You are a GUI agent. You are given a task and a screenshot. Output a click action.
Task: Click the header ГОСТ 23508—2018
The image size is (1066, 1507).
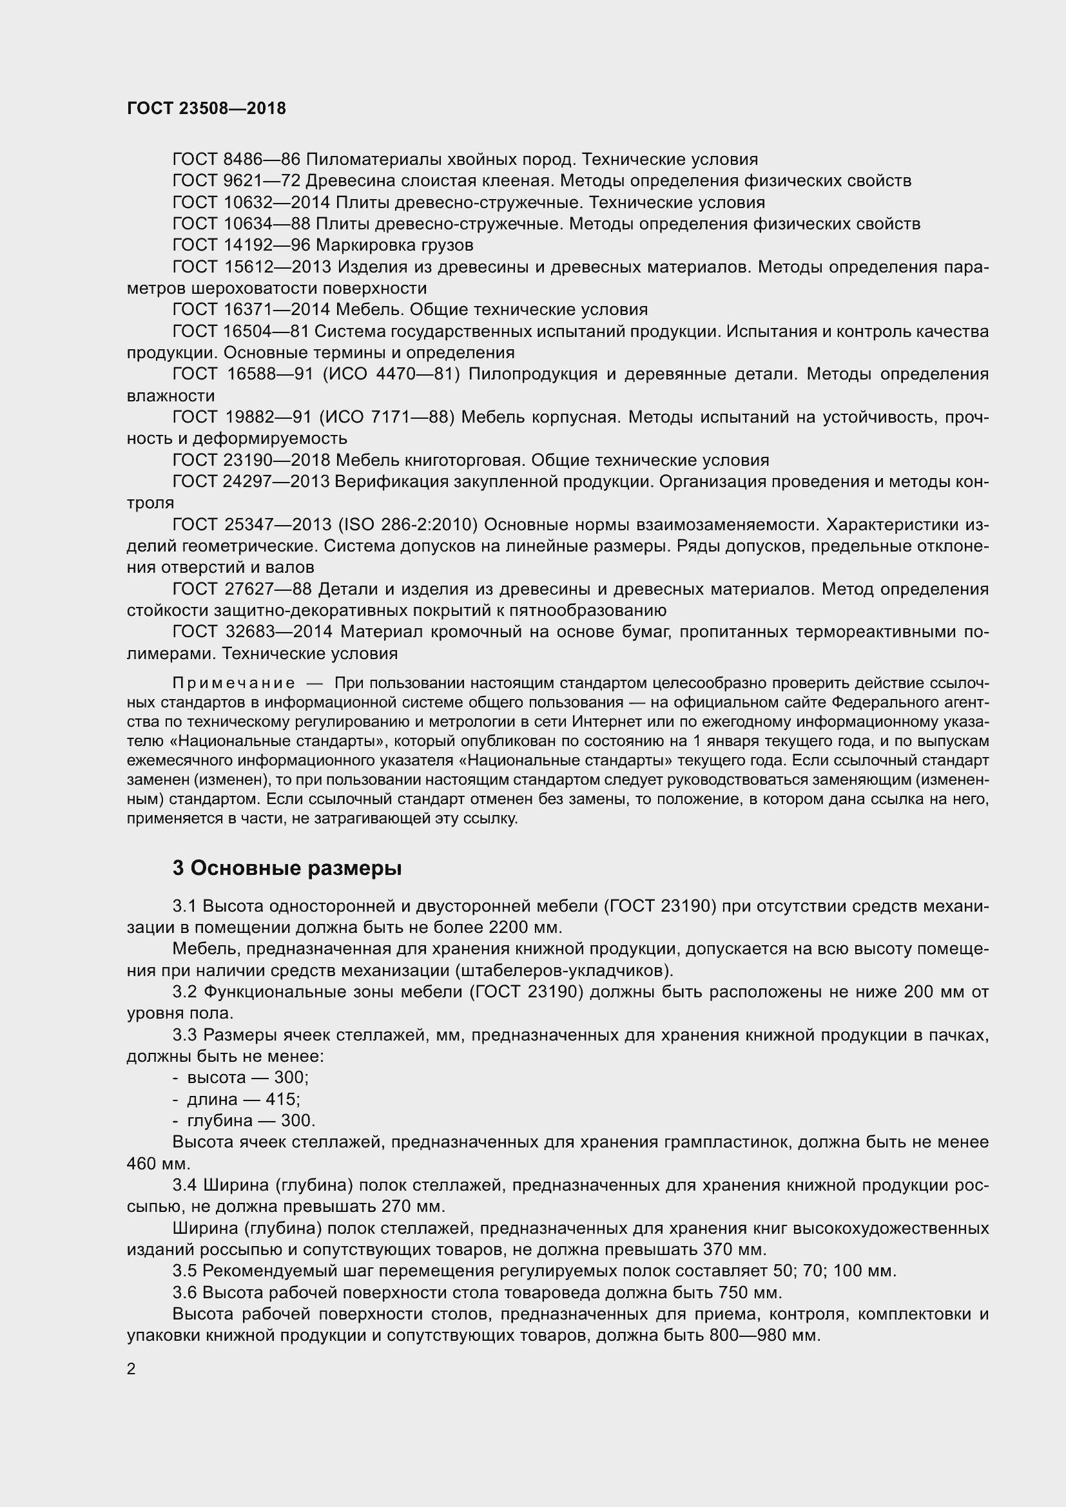tap(206, 108)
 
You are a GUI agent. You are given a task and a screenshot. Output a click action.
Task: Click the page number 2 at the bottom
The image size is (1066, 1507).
tap(131, 1368)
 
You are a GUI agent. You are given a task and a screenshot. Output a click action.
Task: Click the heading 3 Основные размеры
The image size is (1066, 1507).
tap(287, 868)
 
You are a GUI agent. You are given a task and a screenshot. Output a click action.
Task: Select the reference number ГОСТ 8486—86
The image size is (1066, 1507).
tap(236, 160)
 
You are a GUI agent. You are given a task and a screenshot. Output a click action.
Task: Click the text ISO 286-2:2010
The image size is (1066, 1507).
tap(407, 524)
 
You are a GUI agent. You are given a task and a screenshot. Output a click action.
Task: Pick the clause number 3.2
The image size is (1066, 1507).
tap(185, 992)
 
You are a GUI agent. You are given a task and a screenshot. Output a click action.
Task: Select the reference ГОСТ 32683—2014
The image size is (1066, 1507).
tap(253, 631)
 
